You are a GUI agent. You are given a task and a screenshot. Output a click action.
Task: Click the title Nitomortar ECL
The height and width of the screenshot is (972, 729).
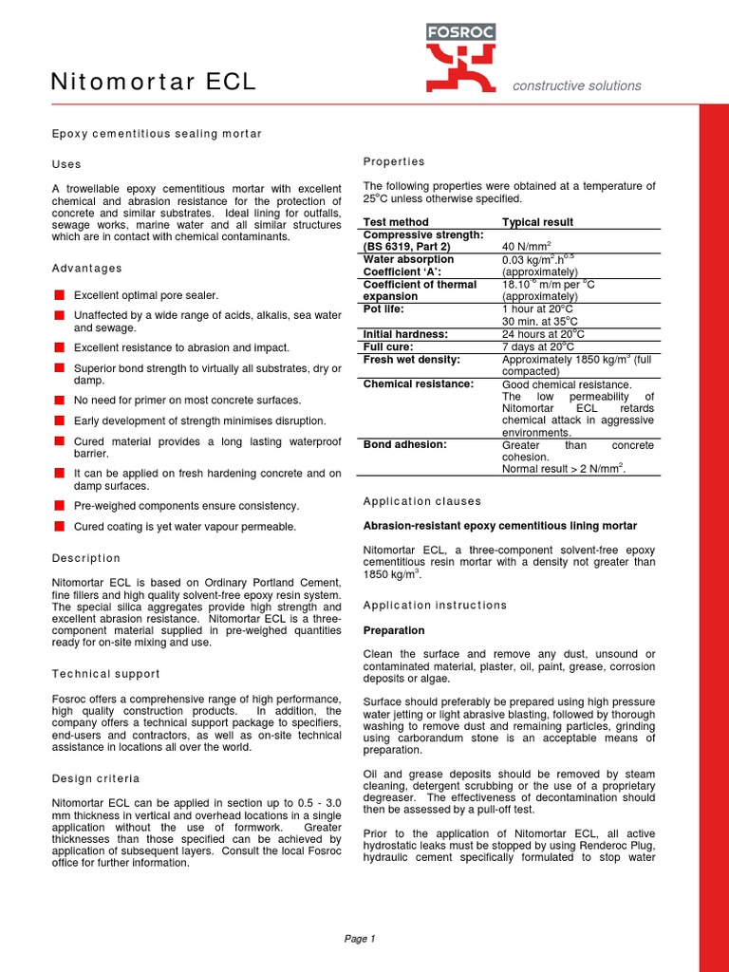pyautogui.click(x=153, y=83)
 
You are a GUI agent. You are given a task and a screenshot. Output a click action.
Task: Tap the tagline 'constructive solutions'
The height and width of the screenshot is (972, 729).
pyautogui.click(x=576, y=85)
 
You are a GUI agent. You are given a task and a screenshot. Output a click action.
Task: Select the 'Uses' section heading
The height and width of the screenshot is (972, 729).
pyautogui.click(x=66, y=164)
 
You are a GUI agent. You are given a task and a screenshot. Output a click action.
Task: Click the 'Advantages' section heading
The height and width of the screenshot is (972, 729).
pyautogui.click(x=86, y=269)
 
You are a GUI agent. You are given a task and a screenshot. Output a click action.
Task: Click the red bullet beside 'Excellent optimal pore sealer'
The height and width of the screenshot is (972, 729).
pyautogui.click(x=59, y=295)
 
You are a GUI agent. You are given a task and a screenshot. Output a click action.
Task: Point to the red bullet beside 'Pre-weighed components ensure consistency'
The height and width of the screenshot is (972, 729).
pyautogui.click(x=59, y=506)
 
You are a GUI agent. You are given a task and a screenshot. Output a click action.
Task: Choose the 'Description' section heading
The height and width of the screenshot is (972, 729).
pyautogui.click(x=86, y=558)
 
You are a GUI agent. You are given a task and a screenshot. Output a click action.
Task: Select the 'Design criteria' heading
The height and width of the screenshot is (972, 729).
pyautogui.click(x=95, y=778)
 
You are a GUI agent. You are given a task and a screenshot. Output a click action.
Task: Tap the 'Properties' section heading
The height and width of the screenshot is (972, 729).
pyautogui.click(x=394, y=161)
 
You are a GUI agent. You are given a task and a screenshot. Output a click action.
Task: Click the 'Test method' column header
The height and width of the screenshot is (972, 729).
pyautogui.click(x=396, y=222)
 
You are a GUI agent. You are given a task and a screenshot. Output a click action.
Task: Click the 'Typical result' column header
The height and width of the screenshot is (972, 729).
pyautogui.click(x=537, y=222)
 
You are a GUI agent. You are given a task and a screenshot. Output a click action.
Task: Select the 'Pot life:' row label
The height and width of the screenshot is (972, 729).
pyautogui.click(x=386, y=309)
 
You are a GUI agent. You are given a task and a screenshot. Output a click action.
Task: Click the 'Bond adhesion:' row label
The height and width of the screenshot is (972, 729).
pyautogui.click(x=404, y=444)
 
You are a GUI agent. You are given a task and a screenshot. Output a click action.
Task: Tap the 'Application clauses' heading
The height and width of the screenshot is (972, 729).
pyautogui.click(x=422, y=501)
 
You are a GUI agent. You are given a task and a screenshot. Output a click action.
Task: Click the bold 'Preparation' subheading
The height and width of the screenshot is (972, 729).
pyautogui.click(x=394, y=630)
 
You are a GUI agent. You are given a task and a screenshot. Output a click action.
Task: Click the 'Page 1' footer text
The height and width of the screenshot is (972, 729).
pyautogui.click(x=360, y=939)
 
